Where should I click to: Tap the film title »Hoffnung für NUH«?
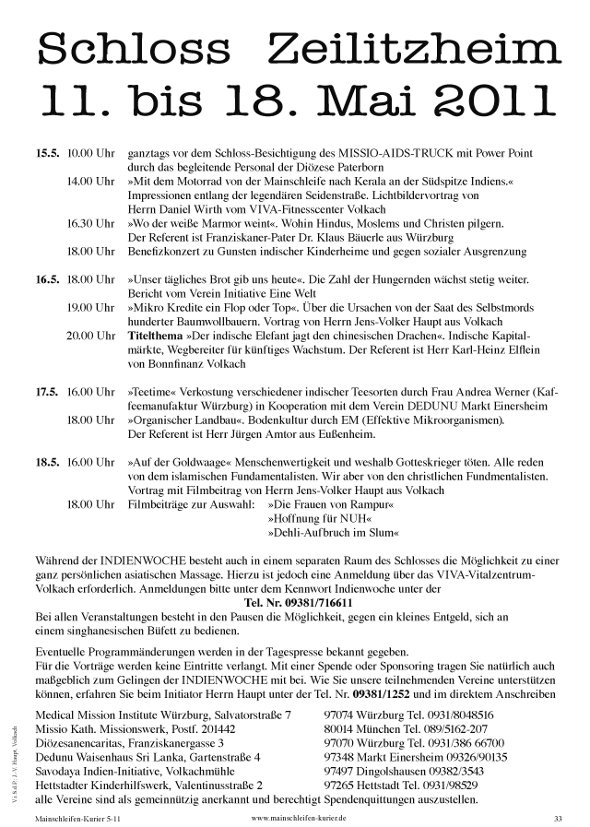[x=314, y=519]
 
